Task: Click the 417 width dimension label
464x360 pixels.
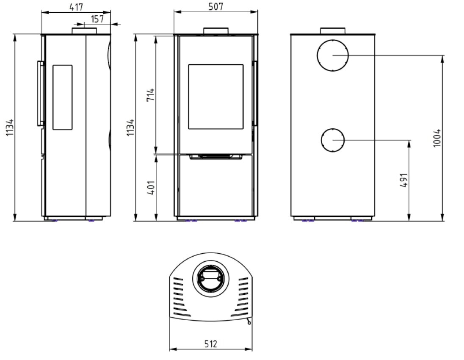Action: coord(76,7)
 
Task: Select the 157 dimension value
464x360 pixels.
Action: coord(97,19)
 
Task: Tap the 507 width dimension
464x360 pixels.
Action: coord(216,6)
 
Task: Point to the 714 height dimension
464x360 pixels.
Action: coord(151,94)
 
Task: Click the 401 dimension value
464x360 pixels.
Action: coord(151,187)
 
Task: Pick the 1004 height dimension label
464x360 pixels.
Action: coord(437,138)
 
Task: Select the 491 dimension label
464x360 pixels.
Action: coord(404,180)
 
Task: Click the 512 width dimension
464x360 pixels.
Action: coord(211,344)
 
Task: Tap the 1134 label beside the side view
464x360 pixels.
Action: coord(10,127)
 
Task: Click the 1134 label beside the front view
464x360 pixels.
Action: coord(130,127)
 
